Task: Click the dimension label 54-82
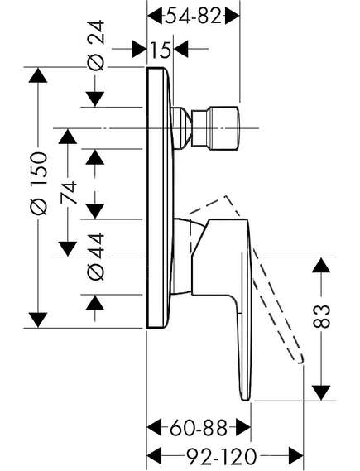click(194, 16)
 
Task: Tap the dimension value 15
click(161, 50)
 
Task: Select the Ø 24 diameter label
click(97, 46)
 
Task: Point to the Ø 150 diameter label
click(39, 184)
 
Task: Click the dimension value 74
click(68, 193)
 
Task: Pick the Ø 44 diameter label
click(97, 257)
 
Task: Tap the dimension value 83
click(321, 316)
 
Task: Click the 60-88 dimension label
click(198, 428)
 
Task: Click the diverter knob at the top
click(215, 128)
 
